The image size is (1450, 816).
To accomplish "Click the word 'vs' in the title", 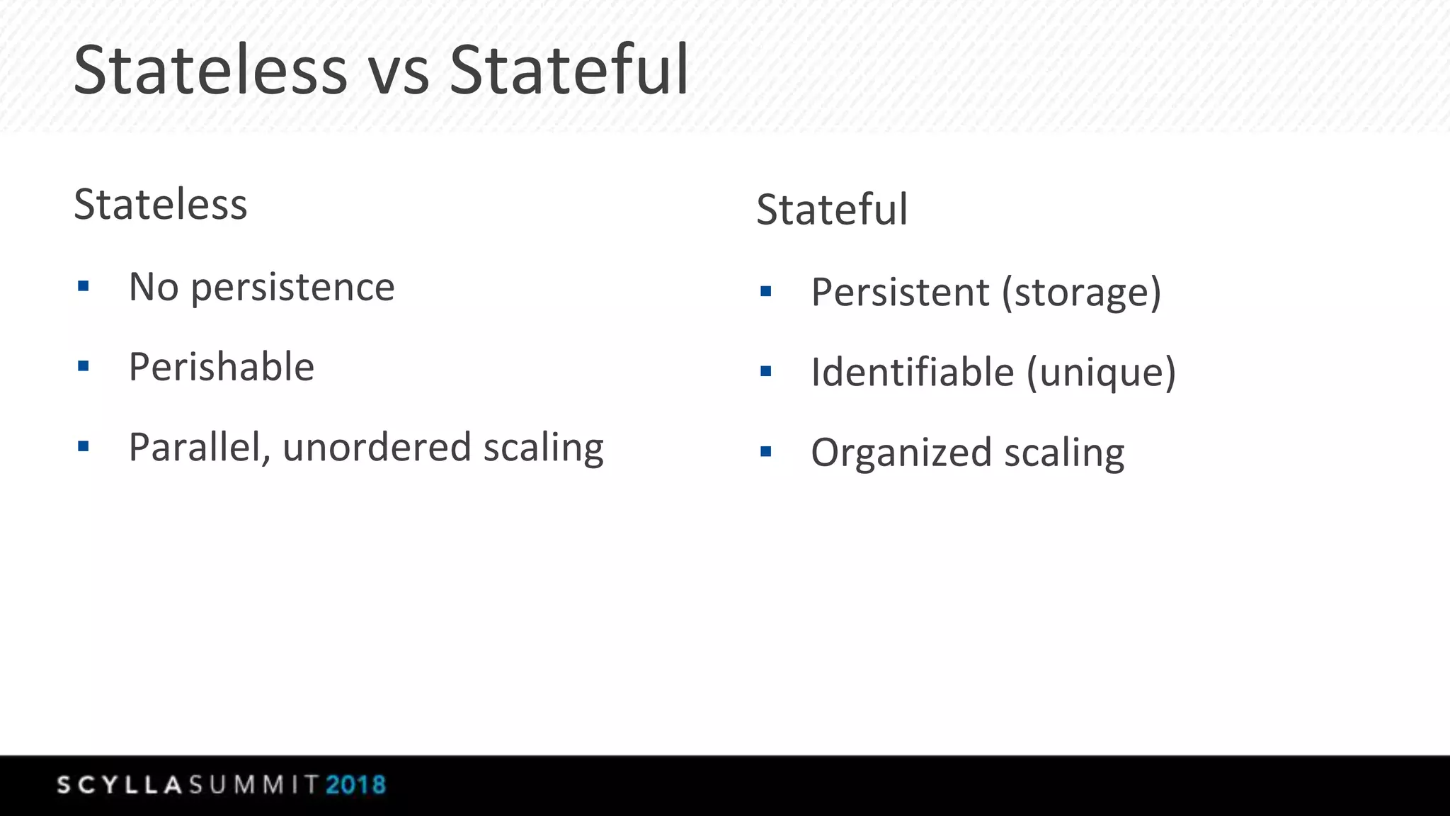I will tap(399, 71).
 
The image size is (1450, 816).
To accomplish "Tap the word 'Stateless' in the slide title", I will tap(210, 71).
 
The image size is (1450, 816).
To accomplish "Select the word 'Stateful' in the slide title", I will tap(569, 71).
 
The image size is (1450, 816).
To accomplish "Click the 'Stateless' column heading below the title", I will tap(161, 205).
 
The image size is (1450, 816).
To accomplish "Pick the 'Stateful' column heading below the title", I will tap(832, 210).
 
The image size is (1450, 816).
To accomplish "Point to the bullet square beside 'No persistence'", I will tap(84, 287).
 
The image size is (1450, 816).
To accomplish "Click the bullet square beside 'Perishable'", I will tap(84, 367).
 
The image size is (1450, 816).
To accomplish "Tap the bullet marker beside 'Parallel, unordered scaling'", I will tap(84, 447).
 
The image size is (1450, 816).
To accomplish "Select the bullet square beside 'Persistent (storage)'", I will tap(765, 291).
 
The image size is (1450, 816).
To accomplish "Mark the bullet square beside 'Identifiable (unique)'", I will tap(765, 371).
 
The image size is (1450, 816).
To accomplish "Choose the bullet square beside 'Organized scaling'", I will tap(765, 452).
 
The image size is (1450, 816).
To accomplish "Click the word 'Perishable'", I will tap(222, 367).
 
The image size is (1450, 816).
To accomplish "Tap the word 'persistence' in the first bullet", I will tap(292, 288).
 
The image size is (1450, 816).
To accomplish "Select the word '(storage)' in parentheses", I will tap(1081, 293).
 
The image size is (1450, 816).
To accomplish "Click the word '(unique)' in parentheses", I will tap(1101, 373).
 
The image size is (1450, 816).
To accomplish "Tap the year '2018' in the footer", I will tap(355, 785).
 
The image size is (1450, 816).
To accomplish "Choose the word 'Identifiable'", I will tap(913, 373).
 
